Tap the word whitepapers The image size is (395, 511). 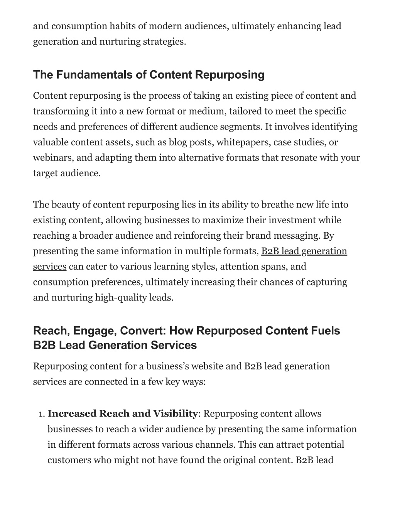[243, 142]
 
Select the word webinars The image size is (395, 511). [53, 158]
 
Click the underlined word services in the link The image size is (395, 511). [50, 266]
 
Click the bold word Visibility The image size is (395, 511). [175, 414]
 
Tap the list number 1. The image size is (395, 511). [42, 414]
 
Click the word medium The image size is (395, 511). [208, 111]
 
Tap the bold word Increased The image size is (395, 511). [72, 414]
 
